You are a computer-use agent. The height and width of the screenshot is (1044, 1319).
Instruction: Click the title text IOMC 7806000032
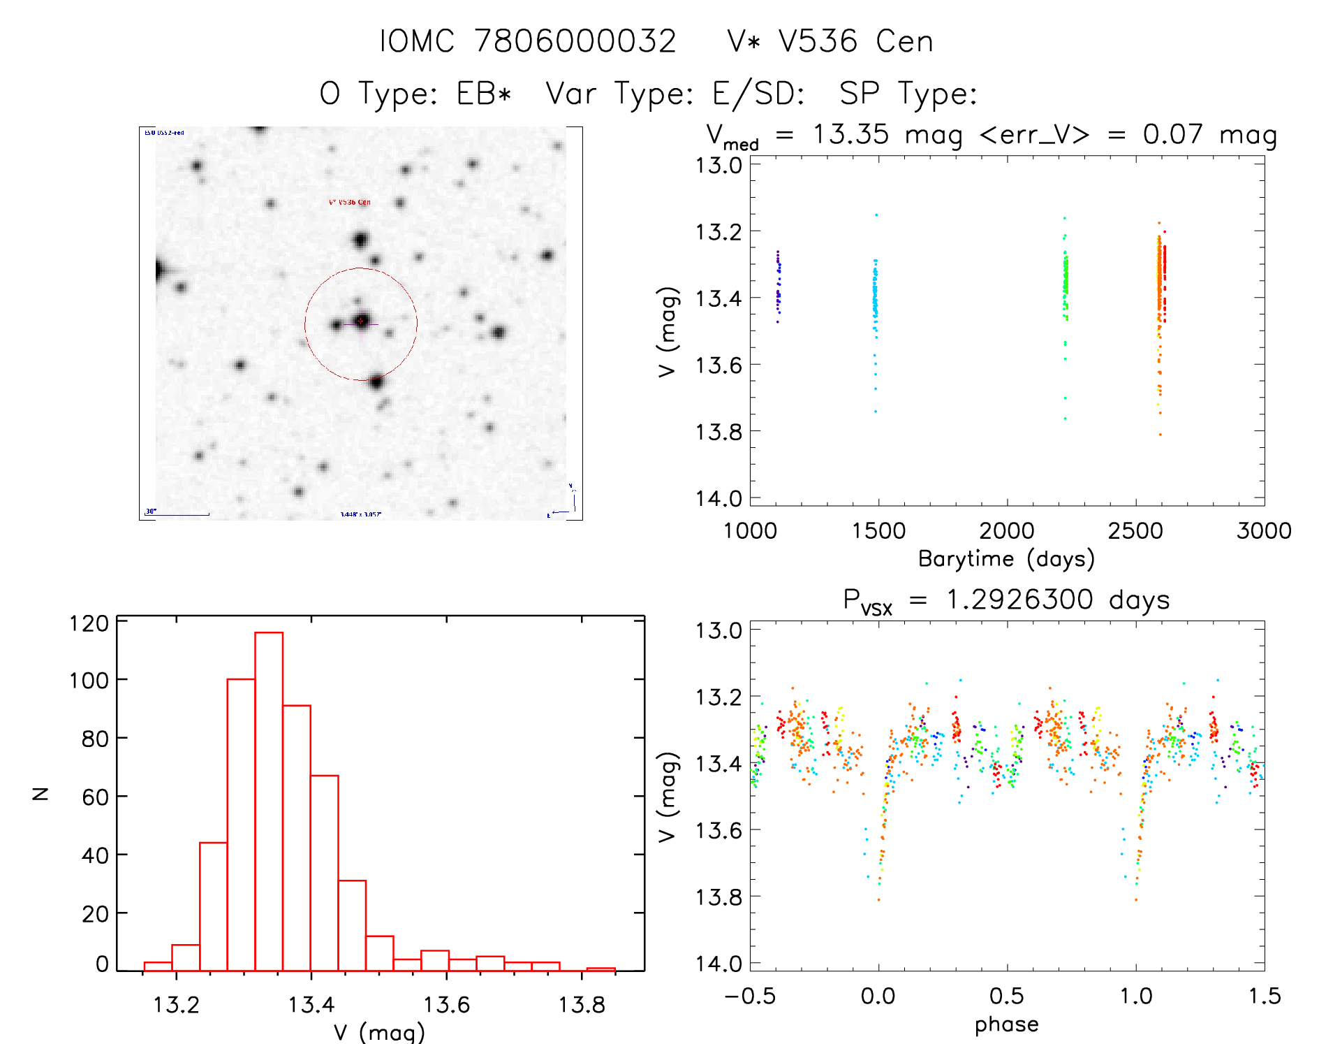(x=528, y=41)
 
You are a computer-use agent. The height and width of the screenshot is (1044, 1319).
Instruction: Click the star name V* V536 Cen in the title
(x=830, y=41)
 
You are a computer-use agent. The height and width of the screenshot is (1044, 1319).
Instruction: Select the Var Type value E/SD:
(x=758, y=93)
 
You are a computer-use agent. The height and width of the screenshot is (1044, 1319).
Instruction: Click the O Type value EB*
(x=484, y=93)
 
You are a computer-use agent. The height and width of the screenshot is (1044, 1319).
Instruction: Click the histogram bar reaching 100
(x=241, y=825)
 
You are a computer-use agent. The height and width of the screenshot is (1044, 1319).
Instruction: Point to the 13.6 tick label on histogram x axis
(x=446, y=1005)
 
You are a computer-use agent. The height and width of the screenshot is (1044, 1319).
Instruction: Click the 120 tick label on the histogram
(x=89, y=623)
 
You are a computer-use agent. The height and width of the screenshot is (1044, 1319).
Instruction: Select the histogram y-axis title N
(x=41, y=793)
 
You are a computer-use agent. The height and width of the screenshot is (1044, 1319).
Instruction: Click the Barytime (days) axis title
(x=1006, y=559)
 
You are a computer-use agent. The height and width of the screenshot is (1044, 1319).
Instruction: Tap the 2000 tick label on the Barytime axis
(x=1006, y=531)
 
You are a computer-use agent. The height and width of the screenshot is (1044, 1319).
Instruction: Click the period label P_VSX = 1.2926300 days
(x=1006, y=600)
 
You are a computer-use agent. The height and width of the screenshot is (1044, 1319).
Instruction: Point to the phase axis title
(x=1006, y=1024)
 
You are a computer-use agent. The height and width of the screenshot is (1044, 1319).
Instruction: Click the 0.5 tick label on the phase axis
(x=1006, y=996)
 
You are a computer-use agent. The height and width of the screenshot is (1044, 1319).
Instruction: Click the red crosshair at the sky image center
(x=361, y=321)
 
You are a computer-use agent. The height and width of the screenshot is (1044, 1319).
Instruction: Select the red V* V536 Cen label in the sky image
(x=349, y=202)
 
